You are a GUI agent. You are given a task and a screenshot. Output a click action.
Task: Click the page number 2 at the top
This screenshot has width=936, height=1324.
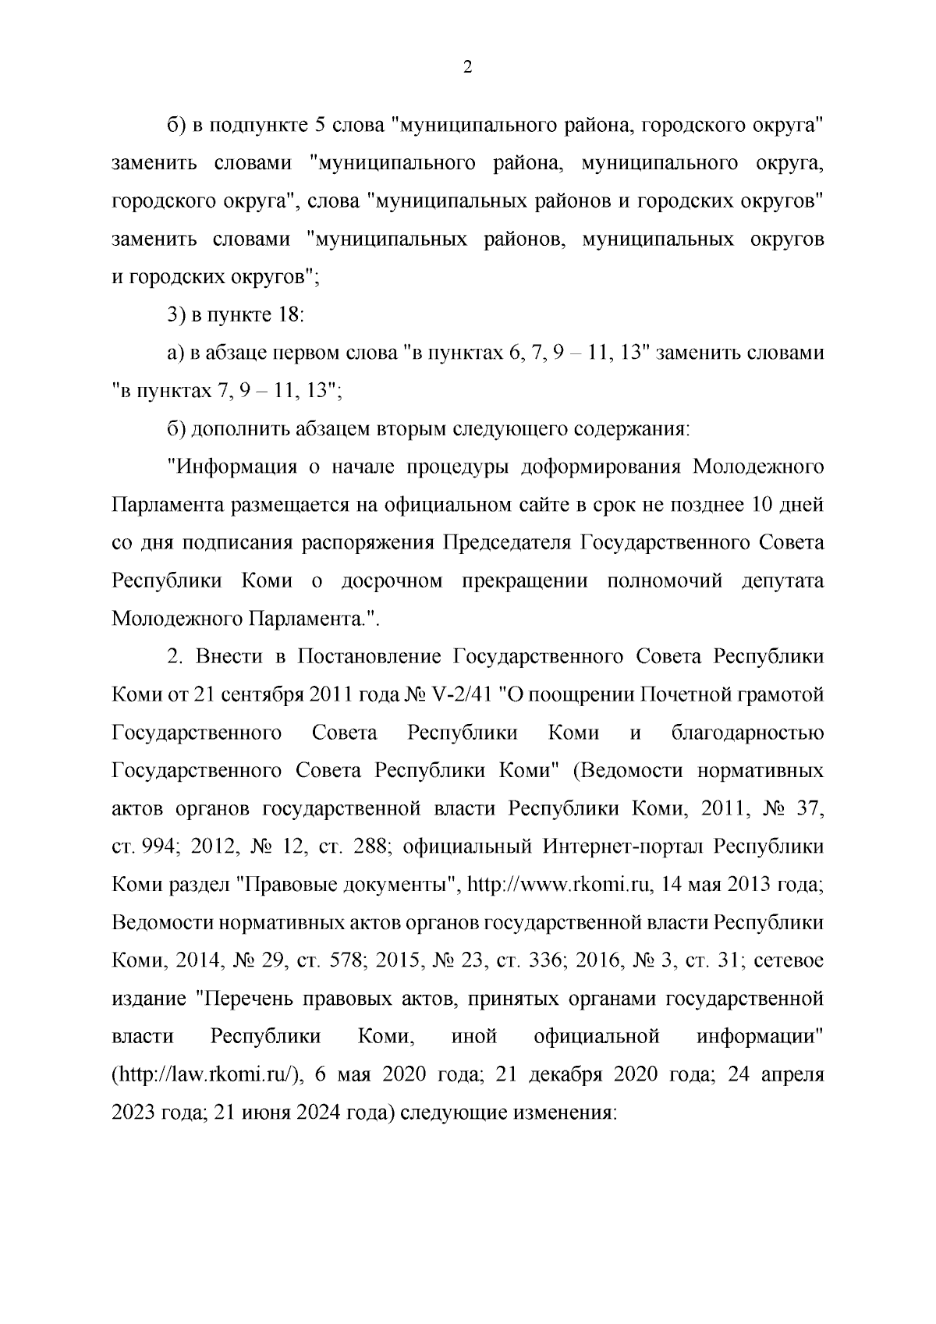[467, 68]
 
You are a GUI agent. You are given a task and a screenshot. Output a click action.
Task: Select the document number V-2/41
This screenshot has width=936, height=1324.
[460, 694]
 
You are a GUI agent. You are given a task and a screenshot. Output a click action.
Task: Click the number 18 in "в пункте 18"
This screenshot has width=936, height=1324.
[285, 315]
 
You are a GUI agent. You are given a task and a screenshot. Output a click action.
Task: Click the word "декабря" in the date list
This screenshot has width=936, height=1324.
[568, 1075]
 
